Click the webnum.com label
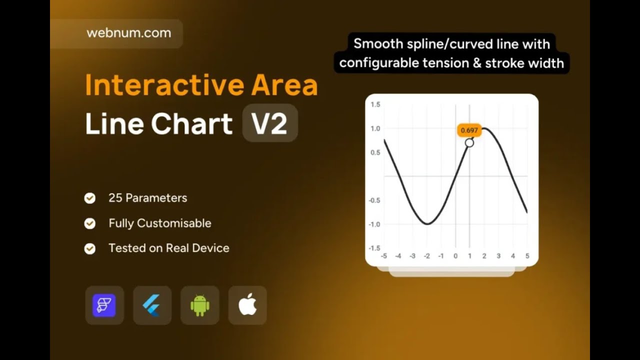point(128,33)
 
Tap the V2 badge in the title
point(270,123)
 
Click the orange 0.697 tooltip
point(469,130)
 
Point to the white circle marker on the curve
point(469,143)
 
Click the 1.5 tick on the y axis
point(375,104)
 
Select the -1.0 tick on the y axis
point(374,224)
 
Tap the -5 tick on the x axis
point(383,256)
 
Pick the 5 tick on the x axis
point(527,256)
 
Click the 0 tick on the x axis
point(455,256)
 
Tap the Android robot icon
point(199,305)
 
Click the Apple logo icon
point(247,305)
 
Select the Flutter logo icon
point(152,305)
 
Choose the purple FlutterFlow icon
point(104,305)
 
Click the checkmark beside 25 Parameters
point(90,198)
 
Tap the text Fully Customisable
point(160,223)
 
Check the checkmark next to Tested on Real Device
point(90,248)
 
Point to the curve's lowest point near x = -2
point(427,224)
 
